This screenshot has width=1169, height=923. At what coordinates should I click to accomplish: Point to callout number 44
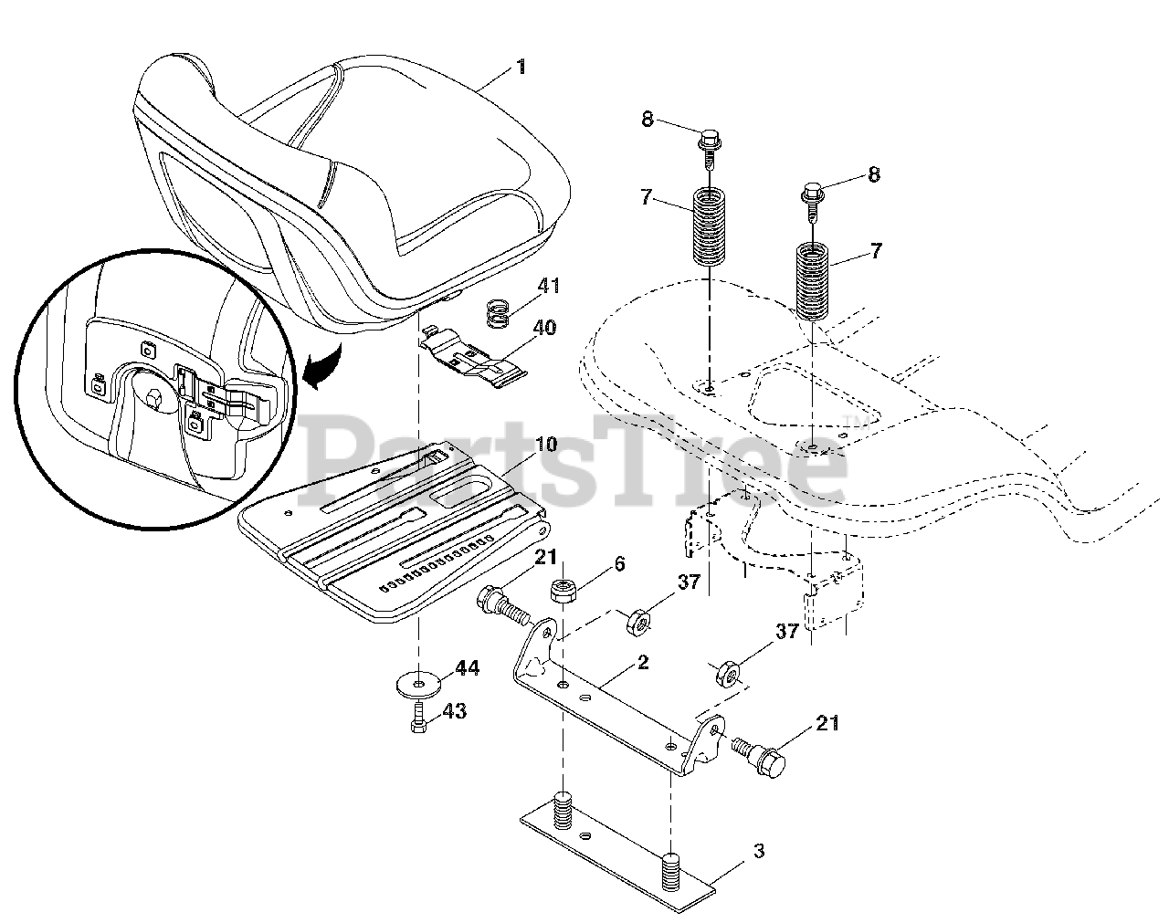click(467, 669)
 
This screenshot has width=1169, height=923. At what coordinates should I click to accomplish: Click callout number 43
click(454, 710)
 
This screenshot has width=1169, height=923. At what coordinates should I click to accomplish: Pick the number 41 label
click(548, 287)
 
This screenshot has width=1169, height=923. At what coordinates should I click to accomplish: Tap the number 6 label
click(620, 565)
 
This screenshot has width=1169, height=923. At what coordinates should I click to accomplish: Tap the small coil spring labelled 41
click(495, 316)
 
